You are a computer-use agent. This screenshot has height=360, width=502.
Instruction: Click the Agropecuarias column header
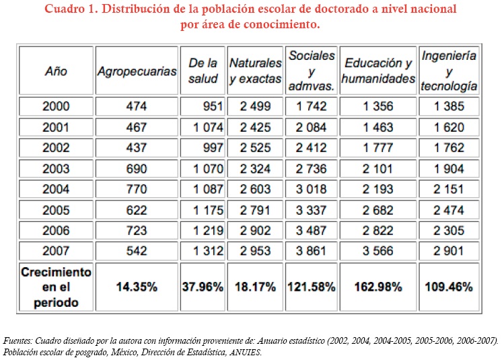pyautogui.click(x=137, y=71)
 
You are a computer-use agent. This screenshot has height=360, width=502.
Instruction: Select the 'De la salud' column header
pyautogui.click(x=203, y=71)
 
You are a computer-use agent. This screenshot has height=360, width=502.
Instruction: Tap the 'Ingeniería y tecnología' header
pyautogui.click(x=449, y=71)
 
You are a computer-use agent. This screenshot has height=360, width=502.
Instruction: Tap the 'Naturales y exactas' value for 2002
pyautogui.click(x=253, y=147)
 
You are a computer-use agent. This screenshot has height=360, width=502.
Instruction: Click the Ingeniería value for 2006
pyautogui.click(x=449, y=230)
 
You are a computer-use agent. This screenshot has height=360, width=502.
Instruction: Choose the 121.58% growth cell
pyautogui.click(x=311, y=287)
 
